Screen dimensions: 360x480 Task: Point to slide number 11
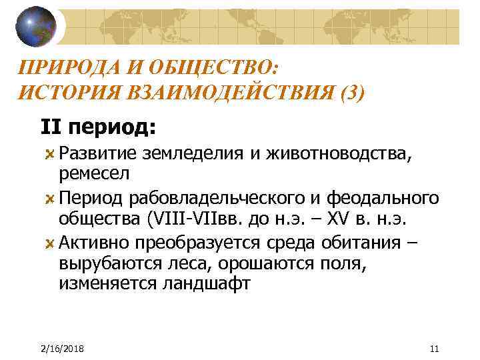(435, 349)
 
